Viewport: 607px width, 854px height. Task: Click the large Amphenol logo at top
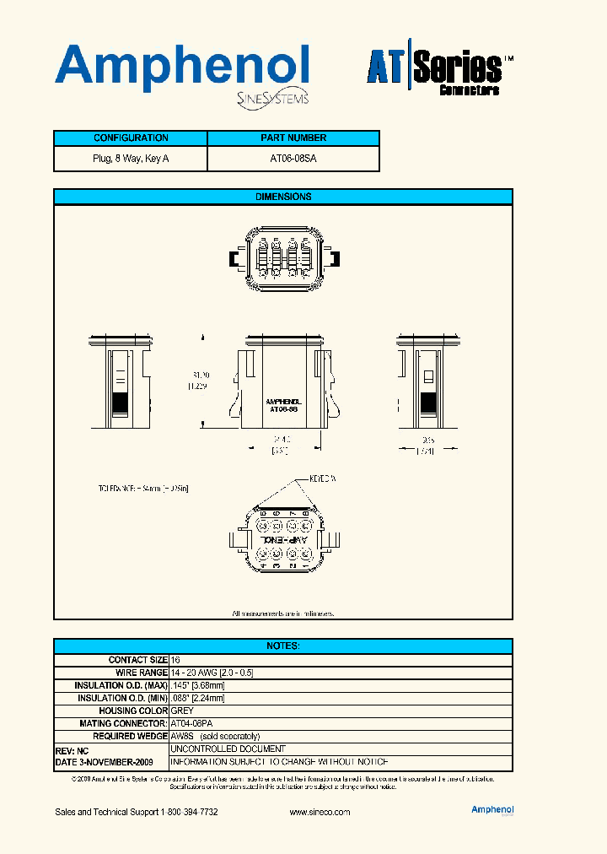coord(181,69)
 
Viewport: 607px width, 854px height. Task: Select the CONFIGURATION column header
coord(131,138)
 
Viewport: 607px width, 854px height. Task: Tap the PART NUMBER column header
coord(293,138)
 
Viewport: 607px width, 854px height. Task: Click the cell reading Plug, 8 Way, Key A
coord(131,159)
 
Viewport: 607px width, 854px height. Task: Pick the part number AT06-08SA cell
coord(293,159)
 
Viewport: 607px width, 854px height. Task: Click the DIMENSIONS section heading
coord(283,197)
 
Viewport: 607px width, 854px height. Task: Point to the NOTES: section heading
coord(283,646)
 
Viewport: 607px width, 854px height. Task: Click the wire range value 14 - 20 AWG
coord(212,673)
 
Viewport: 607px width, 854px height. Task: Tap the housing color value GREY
coord(182,711)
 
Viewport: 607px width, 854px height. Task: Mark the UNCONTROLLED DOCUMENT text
coord(228,749)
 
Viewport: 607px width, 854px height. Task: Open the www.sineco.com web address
coord(320,812)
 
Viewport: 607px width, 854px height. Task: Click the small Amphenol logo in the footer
coord(492,810)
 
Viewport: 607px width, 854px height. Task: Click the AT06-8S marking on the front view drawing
coord(282,408)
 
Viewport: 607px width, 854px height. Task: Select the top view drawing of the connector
coord(283,258)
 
